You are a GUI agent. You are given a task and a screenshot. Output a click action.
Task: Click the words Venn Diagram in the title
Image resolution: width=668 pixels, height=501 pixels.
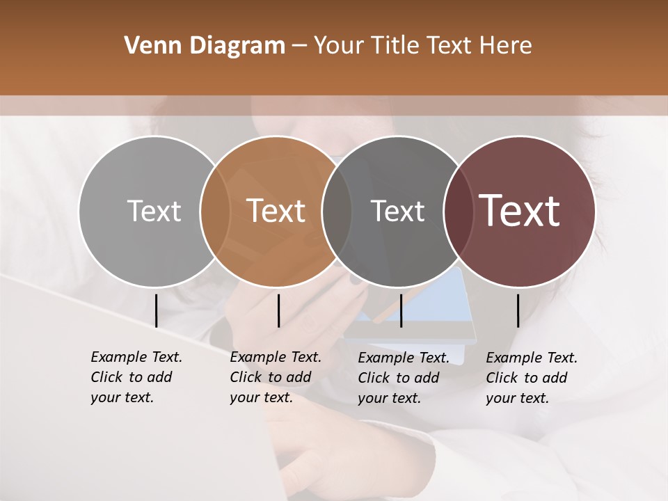[205, 46]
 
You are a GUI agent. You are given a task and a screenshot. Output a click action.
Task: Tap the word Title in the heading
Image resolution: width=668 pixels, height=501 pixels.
[397, 46]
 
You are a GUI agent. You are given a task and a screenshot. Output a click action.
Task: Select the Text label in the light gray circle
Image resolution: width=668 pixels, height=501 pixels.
[154, 211]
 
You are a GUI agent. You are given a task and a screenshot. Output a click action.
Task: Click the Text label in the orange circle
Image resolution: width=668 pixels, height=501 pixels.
[276, 211]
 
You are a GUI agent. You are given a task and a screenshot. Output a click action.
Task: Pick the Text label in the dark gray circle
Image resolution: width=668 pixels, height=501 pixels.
[398, 211]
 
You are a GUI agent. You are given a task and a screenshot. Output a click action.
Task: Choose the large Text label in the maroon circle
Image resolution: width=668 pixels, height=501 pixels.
[520, 211]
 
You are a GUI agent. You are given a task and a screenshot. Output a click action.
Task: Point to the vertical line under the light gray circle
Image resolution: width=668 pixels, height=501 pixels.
[157, 310]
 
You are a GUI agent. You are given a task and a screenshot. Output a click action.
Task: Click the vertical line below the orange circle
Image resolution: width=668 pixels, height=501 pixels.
[278, 310]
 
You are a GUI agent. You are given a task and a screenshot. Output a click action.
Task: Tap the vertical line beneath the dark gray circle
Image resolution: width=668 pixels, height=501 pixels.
[401, 310]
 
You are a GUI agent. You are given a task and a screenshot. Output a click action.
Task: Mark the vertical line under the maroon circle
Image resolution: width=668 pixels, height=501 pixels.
[518, 310]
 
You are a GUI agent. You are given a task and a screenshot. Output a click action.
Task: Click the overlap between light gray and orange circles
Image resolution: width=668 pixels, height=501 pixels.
[215, 211]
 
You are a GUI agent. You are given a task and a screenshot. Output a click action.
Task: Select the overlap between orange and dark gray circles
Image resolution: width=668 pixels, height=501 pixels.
[337, 211]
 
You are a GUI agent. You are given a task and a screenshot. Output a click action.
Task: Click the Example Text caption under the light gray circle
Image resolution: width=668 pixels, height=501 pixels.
[136, 377]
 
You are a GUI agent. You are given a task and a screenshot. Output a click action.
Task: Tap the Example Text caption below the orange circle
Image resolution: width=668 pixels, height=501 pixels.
[275, 377]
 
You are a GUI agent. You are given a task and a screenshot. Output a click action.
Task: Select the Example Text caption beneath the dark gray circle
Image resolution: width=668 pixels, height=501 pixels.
[403, 378]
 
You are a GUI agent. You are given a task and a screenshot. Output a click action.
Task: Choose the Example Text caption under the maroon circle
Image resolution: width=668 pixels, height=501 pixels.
[531, 378]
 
